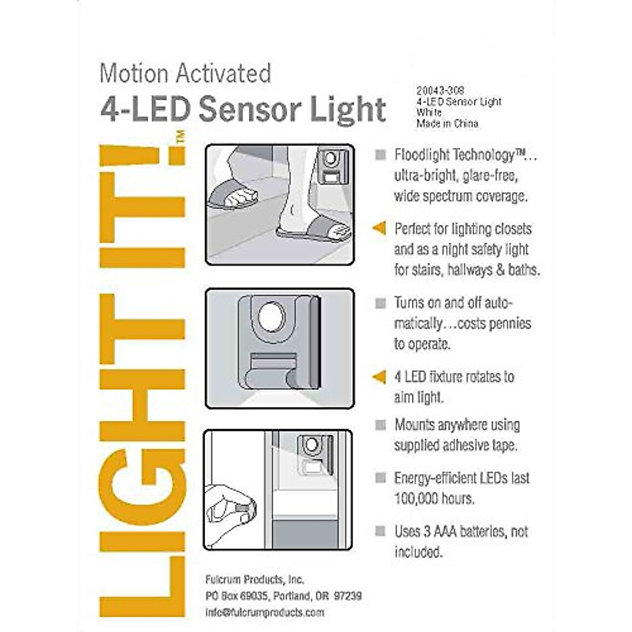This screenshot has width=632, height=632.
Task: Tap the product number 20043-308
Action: (440, 91)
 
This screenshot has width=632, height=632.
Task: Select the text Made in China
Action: (448, 124)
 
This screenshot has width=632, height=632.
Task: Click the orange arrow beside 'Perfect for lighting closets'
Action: (379, 228)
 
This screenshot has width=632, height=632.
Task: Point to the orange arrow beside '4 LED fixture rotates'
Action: (379, 377)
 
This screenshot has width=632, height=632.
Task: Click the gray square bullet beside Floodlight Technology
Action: (380, 155)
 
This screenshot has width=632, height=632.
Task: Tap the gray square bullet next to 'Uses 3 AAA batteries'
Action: (380, 531)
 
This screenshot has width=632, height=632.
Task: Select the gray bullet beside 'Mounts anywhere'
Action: (380, 424)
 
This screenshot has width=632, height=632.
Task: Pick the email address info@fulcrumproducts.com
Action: (265, 613)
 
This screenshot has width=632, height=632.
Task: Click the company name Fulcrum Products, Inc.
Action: (255, 579)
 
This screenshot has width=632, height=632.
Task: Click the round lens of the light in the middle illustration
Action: (272, 317)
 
